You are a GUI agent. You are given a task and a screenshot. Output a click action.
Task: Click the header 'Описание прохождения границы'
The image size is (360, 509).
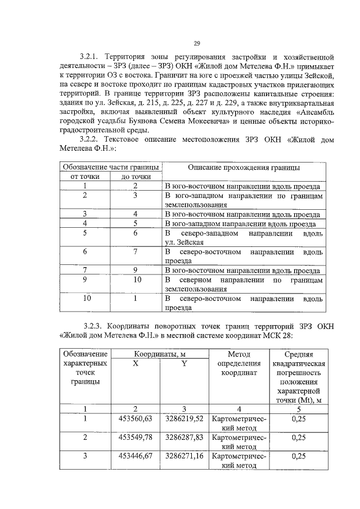point(244,168)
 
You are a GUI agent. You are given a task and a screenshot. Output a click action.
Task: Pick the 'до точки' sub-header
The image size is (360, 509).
point(136,177)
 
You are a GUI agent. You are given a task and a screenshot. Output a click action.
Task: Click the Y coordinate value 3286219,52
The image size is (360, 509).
point(184,418)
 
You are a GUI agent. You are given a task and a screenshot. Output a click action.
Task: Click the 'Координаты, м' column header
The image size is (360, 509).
point(160,353)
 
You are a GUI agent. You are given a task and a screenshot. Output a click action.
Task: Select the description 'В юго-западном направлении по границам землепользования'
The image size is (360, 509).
point(244,200)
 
